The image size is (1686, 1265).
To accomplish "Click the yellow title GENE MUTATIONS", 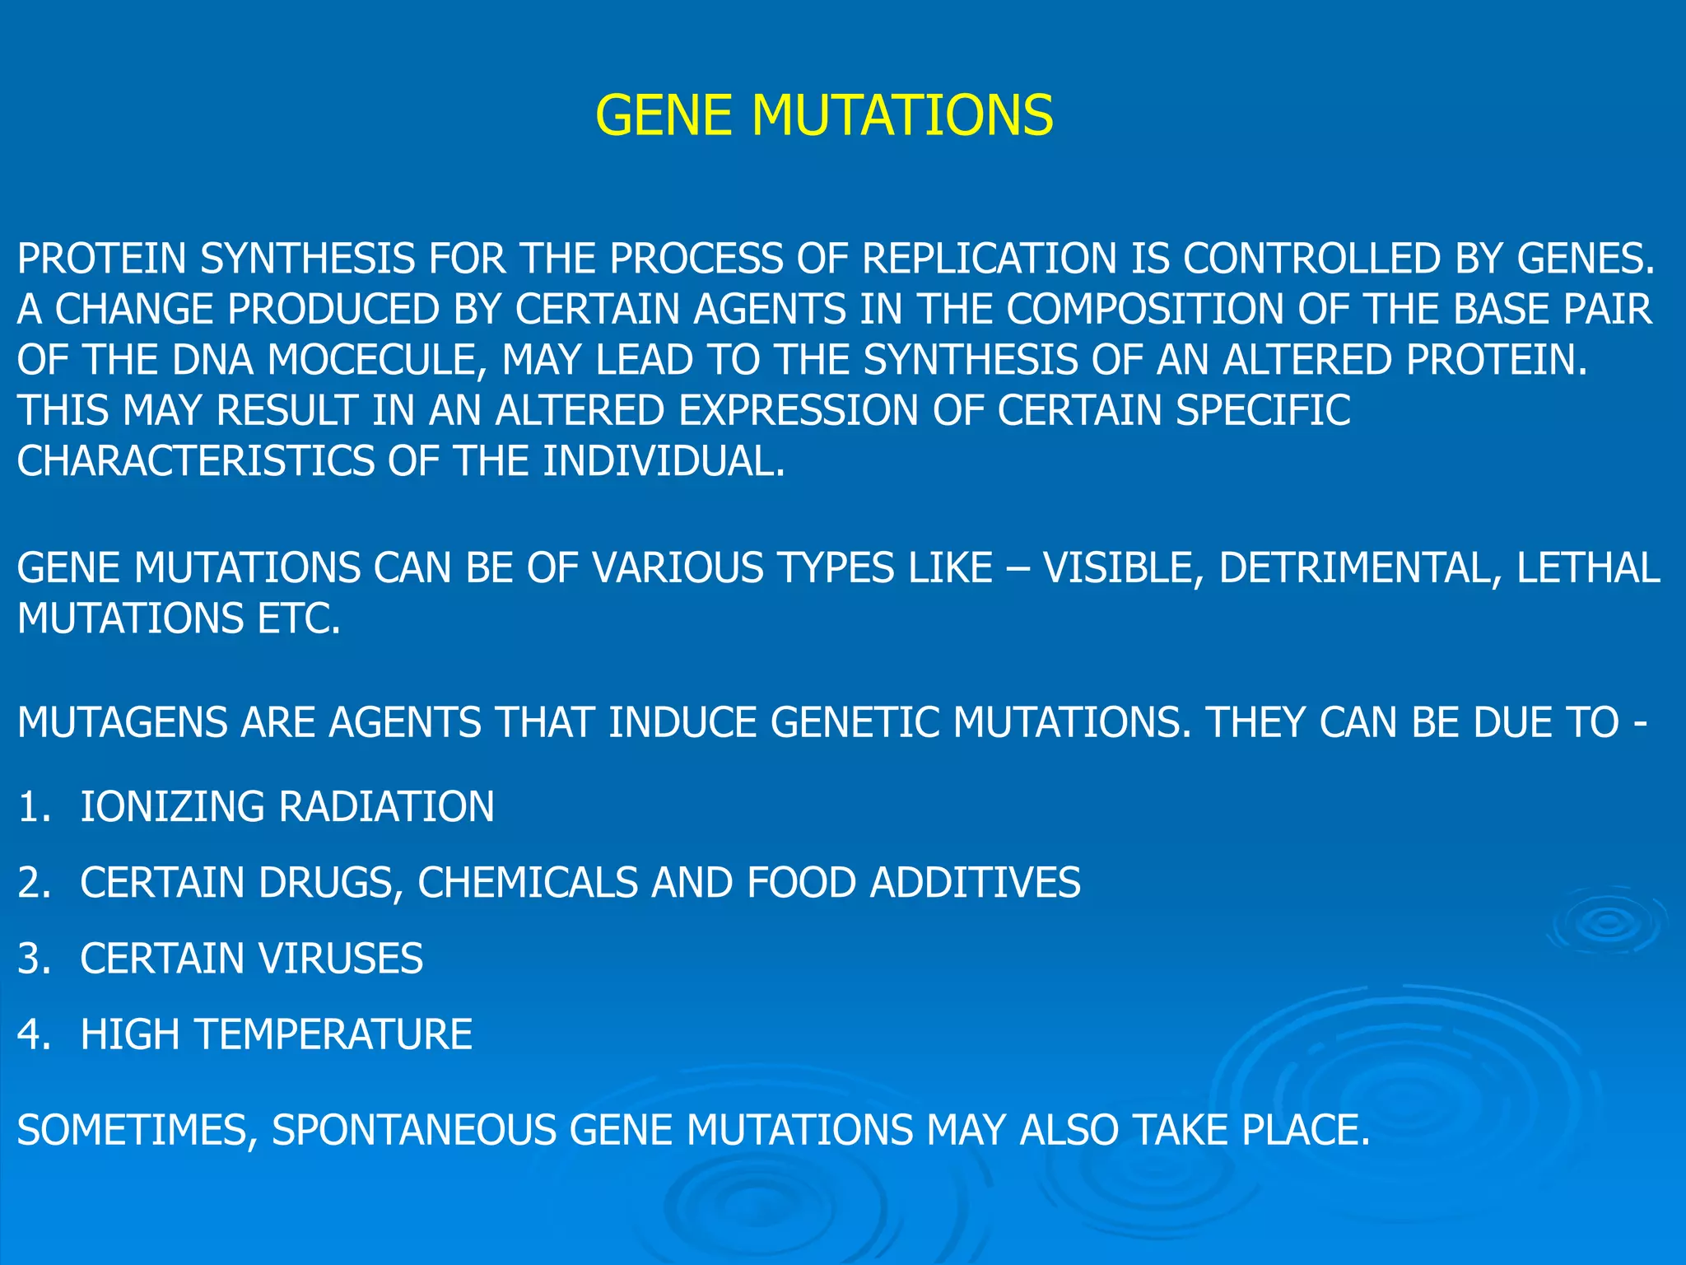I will coord(824,114).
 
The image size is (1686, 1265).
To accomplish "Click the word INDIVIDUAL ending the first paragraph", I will coord(664,461).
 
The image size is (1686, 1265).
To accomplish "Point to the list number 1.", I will coord(33,806).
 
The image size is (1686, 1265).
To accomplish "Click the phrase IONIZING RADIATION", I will coord(287,806).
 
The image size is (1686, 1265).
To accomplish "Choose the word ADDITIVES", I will coord(976,883).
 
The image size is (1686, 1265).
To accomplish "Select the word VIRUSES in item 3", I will coord(341,959).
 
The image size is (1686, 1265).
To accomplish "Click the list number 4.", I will coord(33,1034).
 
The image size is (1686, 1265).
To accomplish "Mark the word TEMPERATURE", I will coord(333,1034).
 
